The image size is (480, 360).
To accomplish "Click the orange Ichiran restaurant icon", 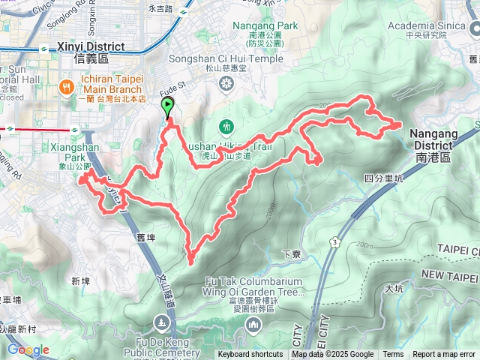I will point(67,87).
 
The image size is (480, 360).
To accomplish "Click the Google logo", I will point(28,349).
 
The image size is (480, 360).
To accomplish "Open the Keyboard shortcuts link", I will point(250,355).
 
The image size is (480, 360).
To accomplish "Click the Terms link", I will point(393,355).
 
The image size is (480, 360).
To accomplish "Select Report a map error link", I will point(445,355).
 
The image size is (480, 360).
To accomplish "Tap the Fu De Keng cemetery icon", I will point(160,322).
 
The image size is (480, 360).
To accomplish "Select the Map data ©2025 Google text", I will point(333,355).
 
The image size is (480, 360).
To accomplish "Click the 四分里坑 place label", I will point(383,178).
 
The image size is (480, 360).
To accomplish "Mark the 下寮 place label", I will point(292,254).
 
